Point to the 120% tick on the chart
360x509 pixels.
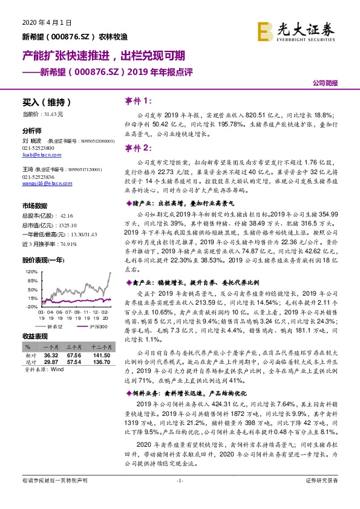31,273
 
